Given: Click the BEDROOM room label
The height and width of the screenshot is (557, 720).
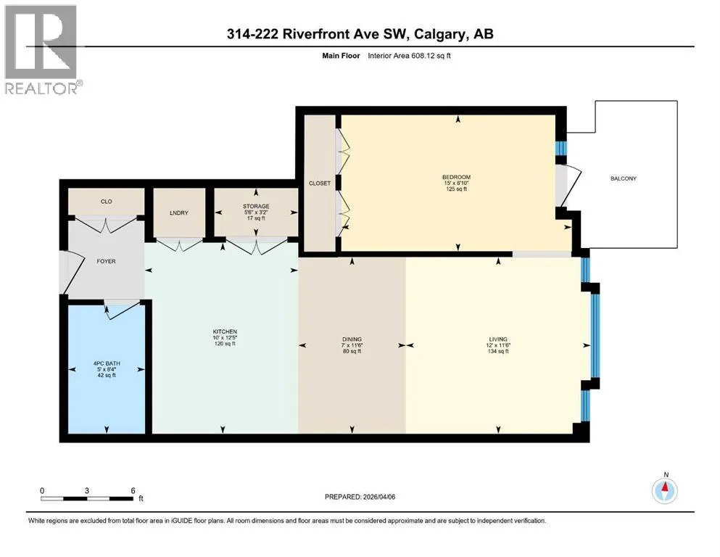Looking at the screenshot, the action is [x=456, y=177].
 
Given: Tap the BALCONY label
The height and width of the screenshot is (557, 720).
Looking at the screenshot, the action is [x=623, y=178].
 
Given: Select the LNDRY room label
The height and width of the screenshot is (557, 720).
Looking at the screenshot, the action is [x=178, y=213].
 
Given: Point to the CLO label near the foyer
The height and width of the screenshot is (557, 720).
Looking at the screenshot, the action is [x=106, y=202].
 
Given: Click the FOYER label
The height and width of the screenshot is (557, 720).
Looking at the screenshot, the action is [x=106, y=261].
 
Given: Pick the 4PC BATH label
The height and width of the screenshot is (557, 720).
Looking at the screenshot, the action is [x=107, y=363].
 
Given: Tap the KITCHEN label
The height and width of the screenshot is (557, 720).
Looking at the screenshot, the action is [x=225, y=331].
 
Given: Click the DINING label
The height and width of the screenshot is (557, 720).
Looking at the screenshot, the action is [x=352, y=339].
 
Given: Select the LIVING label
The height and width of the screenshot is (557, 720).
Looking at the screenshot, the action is [x=498, y=339].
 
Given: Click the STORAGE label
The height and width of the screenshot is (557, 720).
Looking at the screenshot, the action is [x=256, y=207].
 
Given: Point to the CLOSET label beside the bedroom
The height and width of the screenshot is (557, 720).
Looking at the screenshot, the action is [x=320, y=183].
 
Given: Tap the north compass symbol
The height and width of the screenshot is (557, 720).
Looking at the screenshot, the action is [x=665, y=490].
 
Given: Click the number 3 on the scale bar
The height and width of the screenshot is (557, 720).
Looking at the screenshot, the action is [x=87, y=491].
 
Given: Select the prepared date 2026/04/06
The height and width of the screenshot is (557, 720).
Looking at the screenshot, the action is [x=378, y=497].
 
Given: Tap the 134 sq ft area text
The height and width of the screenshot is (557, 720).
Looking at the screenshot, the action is [x=498, y=351].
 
